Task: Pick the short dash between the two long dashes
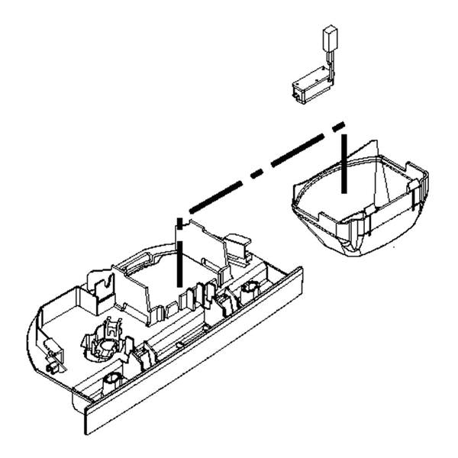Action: [257, 171]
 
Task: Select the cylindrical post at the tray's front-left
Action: [111, 379]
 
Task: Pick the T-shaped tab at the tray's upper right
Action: [238, 245]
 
